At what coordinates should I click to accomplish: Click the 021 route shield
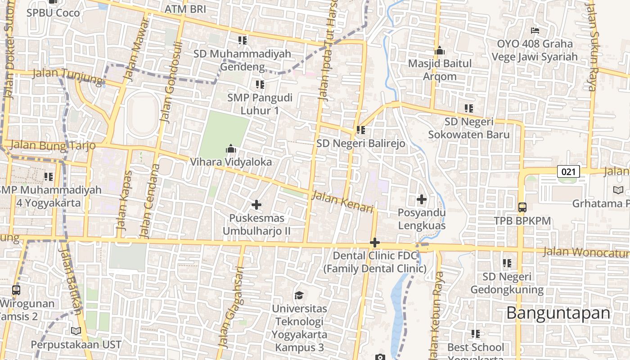pos(568,171)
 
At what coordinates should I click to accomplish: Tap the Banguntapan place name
pos(558,313)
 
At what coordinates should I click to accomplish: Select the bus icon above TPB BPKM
pos(522,207)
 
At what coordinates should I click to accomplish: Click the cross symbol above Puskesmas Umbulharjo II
pos(256,205)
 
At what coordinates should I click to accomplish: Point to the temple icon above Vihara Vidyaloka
pos(231,148)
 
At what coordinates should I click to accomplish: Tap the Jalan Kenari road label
pos(342,202)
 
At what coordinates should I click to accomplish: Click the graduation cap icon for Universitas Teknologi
pos(299,295)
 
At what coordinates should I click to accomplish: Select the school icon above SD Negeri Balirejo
pos(360,130)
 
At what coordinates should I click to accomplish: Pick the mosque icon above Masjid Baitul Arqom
pos(440,50)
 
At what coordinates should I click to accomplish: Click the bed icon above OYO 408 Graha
pos(535,31)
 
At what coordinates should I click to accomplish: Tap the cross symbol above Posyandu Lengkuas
pos(422,199)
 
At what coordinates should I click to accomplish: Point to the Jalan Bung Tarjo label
pos(53,145)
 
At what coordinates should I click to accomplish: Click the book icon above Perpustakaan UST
pos(76,331)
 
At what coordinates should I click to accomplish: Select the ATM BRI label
pos(185,9)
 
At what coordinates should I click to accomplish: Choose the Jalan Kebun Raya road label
pos(436,315)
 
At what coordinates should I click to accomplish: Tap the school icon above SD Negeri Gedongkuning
pos(507,263)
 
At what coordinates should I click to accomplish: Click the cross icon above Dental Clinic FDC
pos(374,243)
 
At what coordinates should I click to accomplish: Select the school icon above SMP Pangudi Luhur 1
pos(260,84)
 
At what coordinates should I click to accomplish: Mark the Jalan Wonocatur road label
pos(585,252)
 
